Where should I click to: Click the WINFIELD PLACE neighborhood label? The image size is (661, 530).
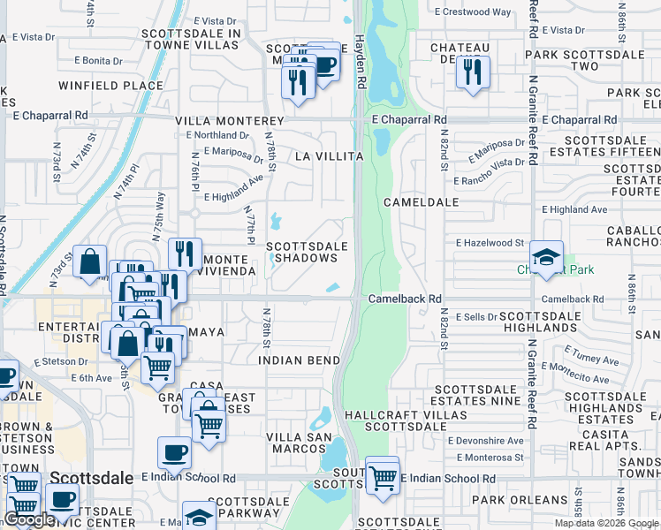point(99,86)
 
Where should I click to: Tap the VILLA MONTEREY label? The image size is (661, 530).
point(230,121)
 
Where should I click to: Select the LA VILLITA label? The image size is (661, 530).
point(329,156)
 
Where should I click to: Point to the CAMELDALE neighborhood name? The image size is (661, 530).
point(422,202)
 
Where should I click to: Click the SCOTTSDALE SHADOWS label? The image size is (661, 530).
point(302,252)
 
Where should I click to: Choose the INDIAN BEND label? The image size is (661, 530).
point(300,361)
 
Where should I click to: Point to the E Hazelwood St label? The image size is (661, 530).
point(490,242)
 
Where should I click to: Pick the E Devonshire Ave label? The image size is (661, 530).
point(485,440)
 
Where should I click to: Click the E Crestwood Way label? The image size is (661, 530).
point(473,12)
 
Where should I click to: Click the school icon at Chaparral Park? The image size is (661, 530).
point(548,257)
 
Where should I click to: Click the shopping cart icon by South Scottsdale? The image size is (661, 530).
point(382,477)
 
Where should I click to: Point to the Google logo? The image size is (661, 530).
point(29,519)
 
